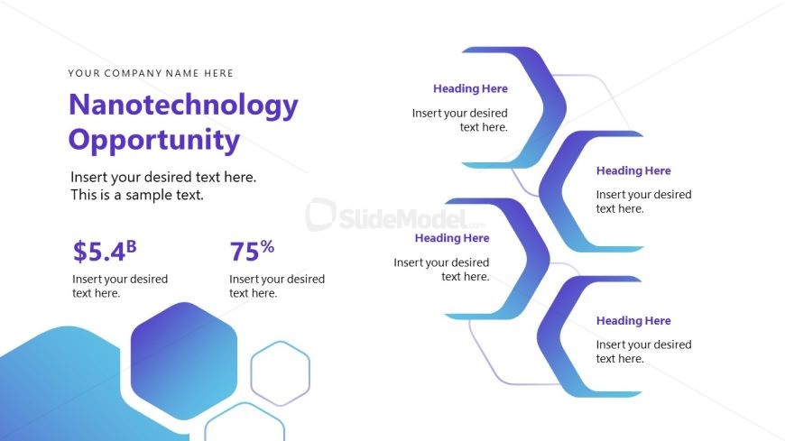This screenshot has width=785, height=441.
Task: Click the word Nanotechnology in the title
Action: tap(183, 106)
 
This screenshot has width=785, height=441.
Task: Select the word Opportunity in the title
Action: tap(153, 141)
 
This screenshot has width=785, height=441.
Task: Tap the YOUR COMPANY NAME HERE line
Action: tap(151, 73)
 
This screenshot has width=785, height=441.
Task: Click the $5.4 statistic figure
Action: tap(99, 252)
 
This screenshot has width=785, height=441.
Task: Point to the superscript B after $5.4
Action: tap(131, 246)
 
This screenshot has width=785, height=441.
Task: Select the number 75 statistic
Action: tap(245, 252)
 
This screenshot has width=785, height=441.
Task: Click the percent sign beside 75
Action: tap(267, 246)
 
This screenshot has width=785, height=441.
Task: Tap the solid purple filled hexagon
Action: tap(184, 361)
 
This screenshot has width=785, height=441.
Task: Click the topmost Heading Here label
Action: tap(470, 88)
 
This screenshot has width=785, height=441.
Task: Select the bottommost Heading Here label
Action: tap(633, 320)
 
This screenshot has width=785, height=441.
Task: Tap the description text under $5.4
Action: tap(120, 286)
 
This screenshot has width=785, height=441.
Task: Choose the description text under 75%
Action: tap(277, 286)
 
